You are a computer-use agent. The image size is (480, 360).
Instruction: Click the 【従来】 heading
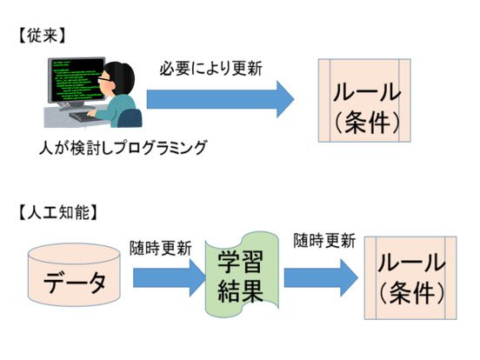click(42, 36)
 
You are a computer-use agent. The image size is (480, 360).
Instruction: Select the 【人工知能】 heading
click(58, 212)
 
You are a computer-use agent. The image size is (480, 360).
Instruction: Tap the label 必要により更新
click(210, 69)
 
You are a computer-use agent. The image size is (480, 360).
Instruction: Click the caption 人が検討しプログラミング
click(123, 148)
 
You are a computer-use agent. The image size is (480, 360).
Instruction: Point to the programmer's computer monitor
click(77, 80)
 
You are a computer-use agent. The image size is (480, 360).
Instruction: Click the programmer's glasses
click(104, 78)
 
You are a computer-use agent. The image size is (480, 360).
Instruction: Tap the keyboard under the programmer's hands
click(83, 117)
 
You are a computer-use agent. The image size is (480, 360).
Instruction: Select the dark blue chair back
click(130, 118)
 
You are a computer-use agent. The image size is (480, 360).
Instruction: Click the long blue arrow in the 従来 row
click(220, 99)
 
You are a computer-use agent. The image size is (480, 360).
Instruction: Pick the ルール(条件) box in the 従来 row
click(364, 100)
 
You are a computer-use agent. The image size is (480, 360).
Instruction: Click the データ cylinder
click(74, 275)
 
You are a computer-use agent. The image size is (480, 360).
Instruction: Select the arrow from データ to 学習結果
click(170, 278)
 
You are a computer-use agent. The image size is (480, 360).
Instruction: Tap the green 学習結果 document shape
click(242, 274)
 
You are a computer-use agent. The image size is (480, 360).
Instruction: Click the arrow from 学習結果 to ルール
click(321, 278)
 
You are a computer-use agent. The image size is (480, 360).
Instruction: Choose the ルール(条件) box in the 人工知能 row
click(410, 278)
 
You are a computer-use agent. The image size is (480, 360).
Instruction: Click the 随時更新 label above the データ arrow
click(160, 248)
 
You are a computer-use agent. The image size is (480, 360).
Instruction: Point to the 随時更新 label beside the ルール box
click(324, 241)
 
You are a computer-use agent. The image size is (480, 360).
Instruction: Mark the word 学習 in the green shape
click(241, 263)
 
